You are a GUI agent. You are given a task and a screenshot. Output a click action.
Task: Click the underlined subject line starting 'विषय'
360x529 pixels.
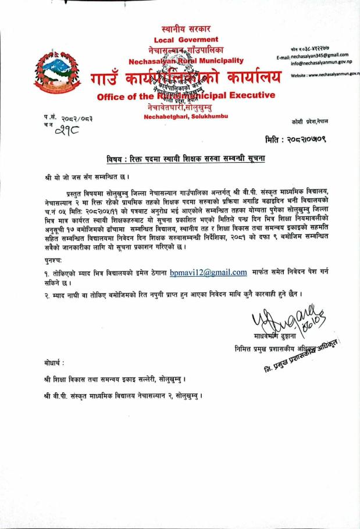[186, 158]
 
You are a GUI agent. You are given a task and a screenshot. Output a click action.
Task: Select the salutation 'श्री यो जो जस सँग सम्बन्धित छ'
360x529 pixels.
[87, 176]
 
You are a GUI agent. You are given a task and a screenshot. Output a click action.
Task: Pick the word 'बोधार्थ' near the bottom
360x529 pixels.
[55, 363]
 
